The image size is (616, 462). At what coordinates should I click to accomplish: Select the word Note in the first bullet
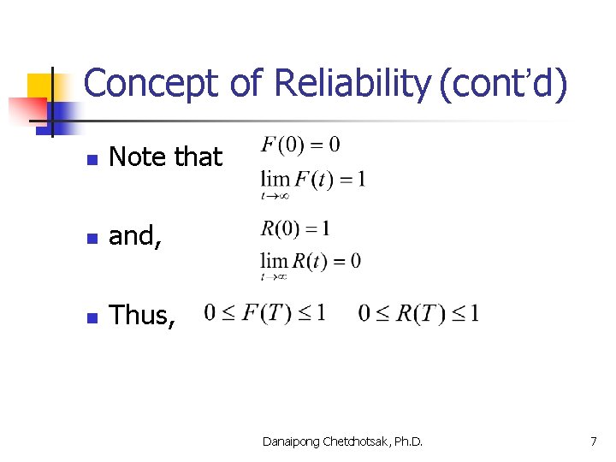[138, 157]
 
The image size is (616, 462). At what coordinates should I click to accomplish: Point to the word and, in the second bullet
[135, 237]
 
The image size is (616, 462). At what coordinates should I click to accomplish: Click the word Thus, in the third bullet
[143, 316]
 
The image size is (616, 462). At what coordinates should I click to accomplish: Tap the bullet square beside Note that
[93, 159]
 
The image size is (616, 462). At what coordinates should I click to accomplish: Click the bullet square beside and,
[93, 238]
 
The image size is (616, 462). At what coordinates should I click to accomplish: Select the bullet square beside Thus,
[93, 317]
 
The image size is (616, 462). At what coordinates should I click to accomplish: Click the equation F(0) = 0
[300, 145]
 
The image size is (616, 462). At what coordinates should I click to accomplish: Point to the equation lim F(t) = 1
[312, 181]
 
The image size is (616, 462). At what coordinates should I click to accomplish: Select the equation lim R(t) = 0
[310, 262]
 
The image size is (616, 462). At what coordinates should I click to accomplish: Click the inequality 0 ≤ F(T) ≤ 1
[265, 313]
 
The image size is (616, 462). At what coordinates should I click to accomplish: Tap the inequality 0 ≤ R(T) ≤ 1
[418, 313]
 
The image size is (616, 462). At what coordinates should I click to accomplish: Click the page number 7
[593, 441]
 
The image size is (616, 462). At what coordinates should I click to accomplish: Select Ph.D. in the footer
[408, 441]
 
